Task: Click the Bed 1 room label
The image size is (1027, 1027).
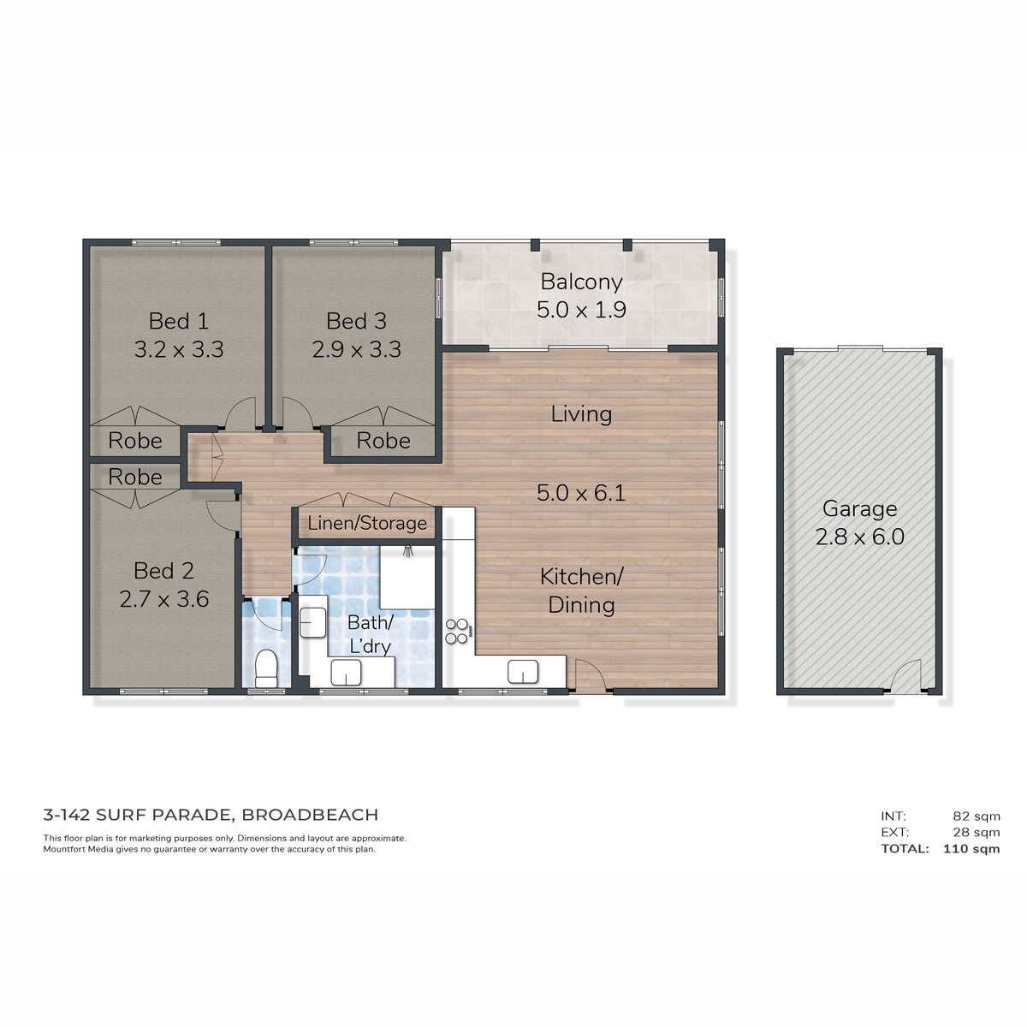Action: [178, 321]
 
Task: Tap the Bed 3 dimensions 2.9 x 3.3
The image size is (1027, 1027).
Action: [357, 350]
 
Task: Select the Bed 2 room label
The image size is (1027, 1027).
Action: [163, 571]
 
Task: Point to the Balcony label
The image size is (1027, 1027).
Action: [581, 282]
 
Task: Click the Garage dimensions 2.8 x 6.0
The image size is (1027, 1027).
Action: [859, 537]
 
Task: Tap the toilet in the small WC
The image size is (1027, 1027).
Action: [266, 668]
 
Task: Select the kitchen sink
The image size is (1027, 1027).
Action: [523, 672]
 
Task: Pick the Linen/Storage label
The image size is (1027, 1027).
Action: [367, 524]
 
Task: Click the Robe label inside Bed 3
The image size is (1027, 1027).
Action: [383, 441]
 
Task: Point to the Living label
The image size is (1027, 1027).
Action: [581, 414]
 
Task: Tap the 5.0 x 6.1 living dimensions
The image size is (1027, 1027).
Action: [581, 493]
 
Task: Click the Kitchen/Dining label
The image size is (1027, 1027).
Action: [581, 591]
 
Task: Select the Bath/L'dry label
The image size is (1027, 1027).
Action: [371, 634]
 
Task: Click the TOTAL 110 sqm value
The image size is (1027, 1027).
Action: [971, 848]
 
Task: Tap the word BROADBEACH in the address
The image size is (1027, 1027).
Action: [310, 815]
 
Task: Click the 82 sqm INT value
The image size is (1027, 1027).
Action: [977, 816]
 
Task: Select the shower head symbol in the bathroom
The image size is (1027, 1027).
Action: [408, 550]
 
